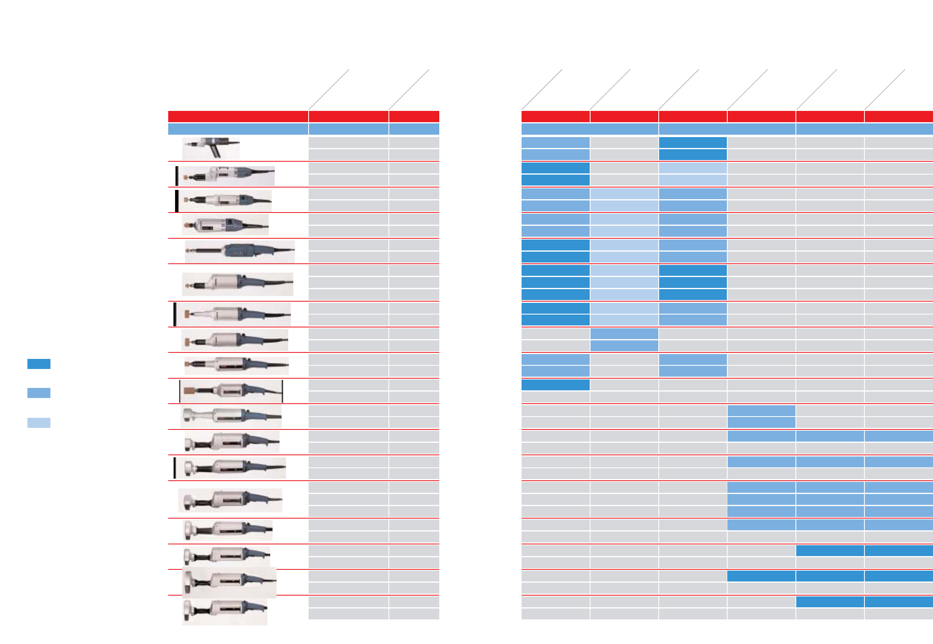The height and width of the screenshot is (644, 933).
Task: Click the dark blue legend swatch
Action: pyautogui.click(x=39, y=364)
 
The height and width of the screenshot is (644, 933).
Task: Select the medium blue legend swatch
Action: pyautogui.click(x=39, y=393)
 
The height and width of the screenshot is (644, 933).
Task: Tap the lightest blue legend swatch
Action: pyautogui.click(x=39, y=423)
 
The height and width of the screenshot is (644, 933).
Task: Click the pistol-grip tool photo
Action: pyautogui.click(x=211, y=148)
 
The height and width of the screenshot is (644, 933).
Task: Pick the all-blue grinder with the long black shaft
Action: pyautogui.click(x=240, y=251)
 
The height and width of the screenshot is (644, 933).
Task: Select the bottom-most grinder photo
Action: pyautogui.click(x=224, y=611)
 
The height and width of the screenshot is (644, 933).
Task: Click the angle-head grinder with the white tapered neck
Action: pyautogui.click(x=230, y=416)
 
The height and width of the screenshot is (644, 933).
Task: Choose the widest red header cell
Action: pyautogui.click(x=238, y=116)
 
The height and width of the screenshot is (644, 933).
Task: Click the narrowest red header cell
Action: pyautogui.click(x=413, y=116)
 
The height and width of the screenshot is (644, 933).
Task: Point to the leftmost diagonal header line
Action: pyautogui.click(x=328, y=90)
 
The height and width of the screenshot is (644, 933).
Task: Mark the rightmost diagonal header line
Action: pyautogui.click(x=885, y=90)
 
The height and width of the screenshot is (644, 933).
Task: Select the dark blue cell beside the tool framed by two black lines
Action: pyautogui.click(x=555, y=385)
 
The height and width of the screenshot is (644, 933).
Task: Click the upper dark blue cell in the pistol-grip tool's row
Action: pyautogui.click(x=693, y=142)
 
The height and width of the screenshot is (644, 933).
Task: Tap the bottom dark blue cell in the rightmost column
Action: pyautogui.click(x=898, y=602)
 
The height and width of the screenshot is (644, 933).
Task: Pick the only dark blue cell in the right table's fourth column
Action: pyautogui.click(x=761, y=576)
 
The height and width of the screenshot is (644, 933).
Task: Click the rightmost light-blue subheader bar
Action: pyautogui.click(x=864, y=129)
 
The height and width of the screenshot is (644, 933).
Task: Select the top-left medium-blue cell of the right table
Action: pyautogui.click(x=555, y=142)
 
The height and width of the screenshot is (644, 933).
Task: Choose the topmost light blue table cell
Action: pyautogui.click(x=693, y=167)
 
